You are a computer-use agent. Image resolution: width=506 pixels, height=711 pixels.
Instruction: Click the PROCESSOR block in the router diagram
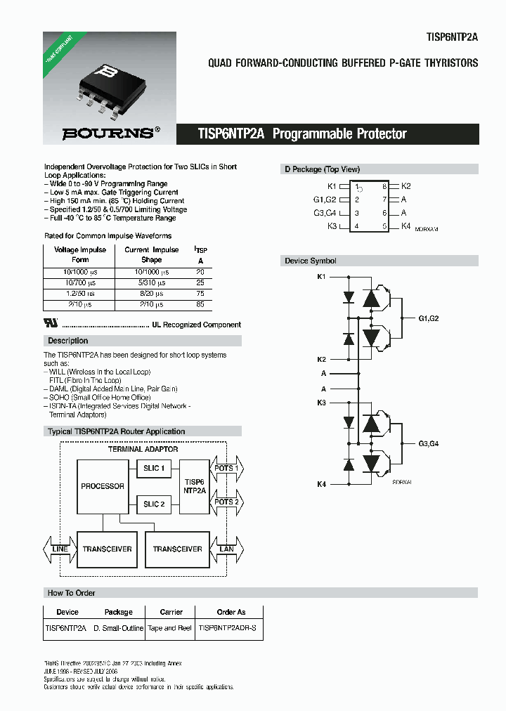tap(103, 486)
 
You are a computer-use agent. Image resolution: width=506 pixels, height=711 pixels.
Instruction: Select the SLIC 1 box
tap(154, 468)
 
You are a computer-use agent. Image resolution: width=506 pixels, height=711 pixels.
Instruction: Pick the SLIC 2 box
tap(154, 504)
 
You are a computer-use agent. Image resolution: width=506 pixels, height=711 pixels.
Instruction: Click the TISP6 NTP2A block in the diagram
tap(195, 486)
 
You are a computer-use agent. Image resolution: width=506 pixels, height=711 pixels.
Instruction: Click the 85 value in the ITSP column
tap(200, 304)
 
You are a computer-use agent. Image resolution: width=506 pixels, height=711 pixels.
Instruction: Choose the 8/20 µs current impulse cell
tap(151, 293)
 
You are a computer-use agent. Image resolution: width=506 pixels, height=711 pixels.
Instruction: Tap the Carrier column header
tap(171, 612)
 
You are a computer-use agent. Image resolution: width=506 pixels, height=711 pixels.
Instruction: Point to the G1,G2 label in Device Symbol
tap(428, 318)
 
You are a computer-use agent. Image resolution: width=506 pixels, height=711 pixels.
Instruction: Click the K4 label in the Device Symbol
tap(321, 484)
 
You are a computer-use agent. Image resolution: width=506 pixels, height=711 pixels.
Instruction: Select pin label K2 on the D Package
tap(406, 186)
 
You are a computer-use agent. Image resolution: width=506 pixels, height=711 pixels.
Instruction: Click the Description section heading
tap(68, 341)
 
